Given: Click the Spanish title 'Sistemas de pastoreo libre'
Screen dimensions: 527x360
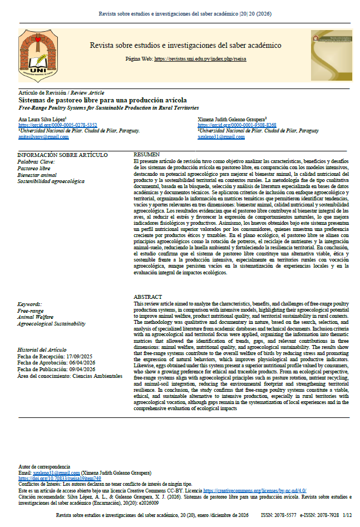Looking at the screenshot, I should pyautogui.click(x=93, y=100).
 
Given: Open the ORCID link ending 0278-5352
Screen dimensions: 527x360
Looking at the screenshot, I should pyautogui.click(x=57, y=125).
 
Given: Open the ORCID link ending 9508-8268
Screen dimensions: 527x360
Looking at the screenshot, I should pyautogui.click(x=237, y=125).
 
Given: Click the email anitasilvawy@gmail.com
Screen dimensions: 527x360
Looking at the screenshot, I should pyautogui.click(x=43, y=137).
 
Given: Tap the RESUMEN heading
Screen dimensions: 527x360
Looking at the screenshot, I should pyautogui.click(x=147, y=154).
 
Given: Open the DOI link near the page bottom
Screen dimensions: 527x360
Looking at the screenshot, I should pyautogui.click(x=60, y=478).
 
